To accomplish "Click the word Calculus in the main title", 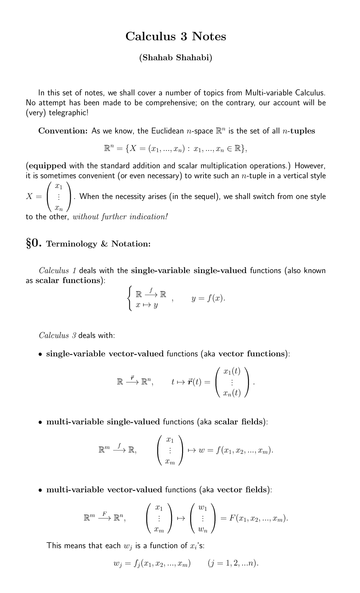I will (x=150, y=36).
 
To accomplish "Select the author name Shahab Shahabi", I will (x=175, y=58).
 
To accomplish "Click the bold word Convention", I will (x=63, y=131).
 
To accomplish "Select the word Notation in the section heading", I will (x=131, y=244).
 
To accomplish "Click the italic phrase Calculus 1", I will (x=58, y=270).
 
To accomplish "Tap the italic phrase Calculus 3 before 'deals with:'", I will (x=58, y=335).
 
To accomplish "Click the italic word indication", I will (x=148, y=216).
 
